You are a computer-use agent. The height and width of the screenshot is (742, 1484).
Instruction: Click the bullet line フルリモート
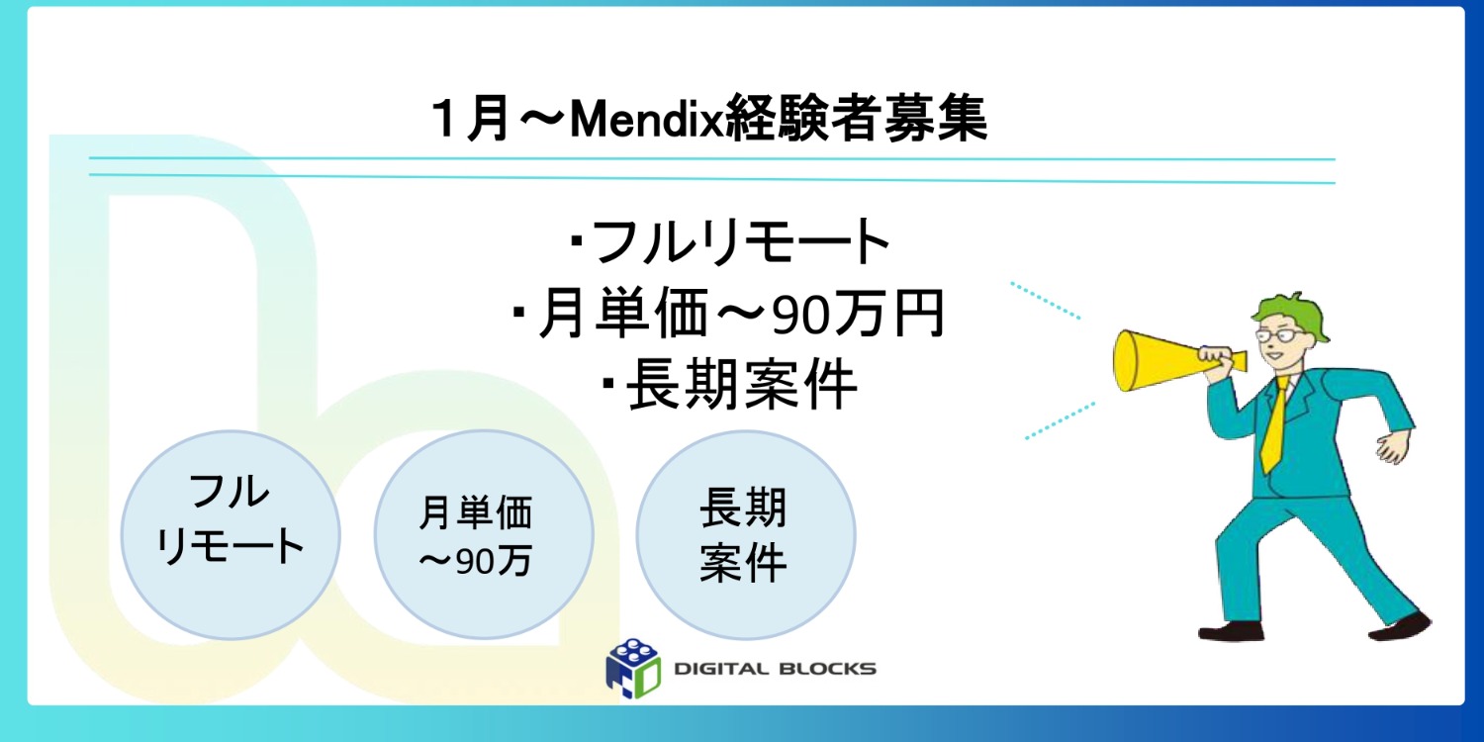[732, 242]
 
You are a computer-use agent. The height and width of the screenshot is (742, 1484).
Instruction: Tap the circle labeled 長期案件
[744, 534]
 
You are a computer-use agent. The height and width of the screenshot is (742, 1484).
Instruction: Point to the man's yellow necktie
[1275, 425]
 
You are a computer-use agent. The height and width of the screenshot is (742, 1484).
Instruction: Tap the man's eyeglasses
[1277, 337]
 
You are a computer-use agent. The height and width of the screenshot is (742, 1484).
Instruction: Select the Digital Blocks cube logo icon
[633, 664]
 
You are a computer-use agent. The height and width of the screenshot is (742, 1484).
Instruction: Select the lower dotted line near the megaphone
[1059, 420]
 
